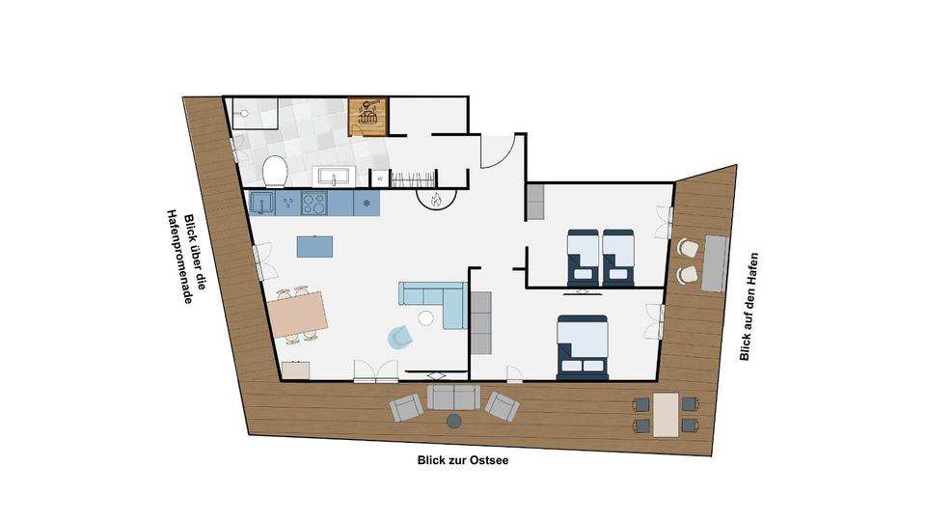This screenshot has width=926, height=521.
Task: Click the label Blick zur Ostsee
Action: coord(463,461)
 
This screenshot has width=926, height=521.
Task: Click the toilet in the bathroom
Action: coord(275,171)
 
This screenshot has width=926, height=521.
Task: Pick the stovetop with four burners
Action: coord(314,203)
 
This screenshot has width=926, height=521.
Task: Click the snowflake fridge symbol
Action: coord(367,203)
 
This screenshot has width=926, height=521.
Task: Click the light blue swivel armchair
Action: coord(400,336)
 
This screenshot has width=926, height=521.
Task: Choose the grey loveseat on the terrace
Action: coord(453,397)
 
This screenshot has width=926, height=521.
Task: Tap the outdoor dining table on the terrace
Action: coord(666,413)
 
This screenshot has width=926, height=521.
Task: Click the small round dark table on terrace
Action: coord(453,421)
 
